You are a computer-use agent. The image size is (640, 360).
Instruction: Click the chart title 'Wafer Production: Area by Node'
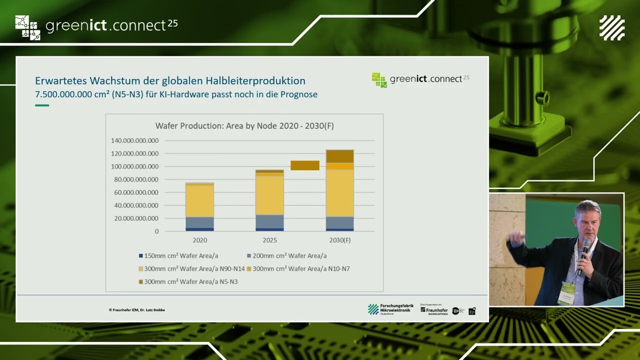[x=244, y=126]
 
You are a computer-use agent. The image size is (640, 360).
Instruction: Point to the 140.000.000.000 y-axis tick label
[x=134, y=140]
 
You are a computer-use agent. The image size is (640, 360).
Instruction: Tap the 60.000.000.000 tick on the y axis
[x=134, y=192]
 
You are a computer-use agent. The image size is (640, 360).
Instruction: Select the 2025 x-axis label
[x=269, y=240]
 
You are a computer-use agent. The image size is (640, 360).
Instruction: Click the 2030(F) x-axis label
[x=340, y=240]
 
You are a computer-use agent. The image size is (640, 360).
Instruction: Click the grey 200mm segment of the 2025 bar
[x=269, y=221]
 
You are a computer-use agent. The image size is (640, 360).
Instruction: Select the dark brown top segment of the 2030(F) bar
[x=340, y=156]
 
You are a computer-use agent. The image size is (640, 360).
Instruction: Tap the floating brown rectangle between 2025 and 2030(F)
[x=305, y=165]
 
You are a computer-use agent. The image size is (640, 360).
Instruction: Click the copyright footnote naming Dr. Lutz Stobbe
[x=137, y=310]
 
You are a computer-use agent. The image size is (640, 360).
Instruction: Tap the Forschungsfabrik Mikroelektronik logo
[x=390, y=309]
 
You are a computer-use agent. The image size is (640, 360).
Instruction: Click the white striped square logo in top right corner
[x=612, y=28]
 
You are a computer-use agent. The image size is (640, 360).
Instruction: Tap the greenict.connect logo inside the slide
[x=420, y=79]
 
